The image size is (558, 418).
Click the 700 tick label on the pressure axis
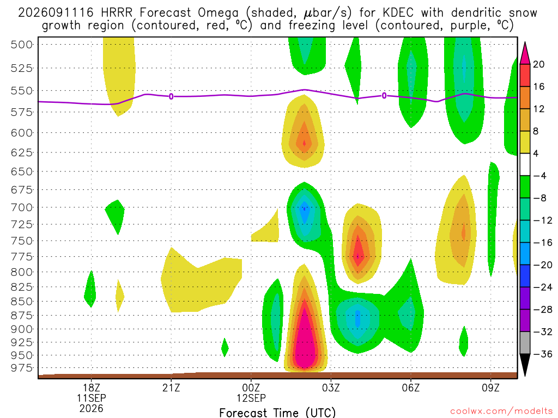(22, 207)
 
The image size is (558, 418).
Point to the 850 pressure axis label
(22, 302)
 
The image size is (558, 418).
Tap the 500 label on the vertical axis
(22, 45)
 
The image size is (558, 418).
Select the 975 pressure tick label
(22, 368)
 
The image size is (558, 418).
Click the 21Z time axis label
(171, 388)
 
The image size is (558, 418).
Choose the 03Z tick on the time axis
(331, 388)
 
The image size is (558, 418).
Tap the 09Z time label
(491, 388)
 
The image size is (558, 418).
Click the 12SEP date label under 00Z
(251, 398)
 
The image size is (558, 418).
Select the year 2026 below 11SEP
(92, 409)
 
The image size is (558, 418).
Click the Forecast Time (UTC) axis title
(277, 413)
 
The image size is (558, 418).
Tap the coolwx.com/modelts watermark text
(501, 411)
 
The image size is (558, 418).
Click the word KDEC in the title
(398, 13)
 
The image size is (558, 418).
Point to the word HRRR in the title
(117, 13)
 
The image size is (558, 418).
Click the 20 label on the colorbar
(538, 64)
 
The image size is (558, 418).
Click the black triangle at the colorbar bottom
(525, 364)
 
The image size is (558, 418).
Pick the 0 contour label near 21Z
(171, 96)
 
